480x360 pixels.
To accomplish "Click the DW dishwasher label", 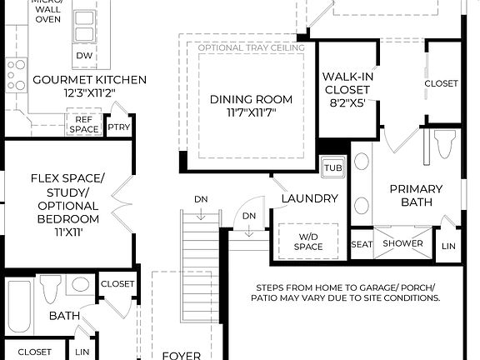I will tap(84, 56).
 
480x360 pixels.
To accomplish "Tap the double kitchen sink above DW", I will tap(84, 27).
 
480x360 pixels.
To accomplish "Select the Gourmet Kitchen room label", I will tap(89, 80).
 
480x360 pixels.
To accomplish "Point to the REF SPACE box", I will tap(83, 124).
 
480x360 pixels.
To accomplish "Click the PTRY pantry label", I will tap(118, 127).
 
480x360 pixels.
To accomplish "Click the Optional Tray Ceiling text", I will tap(251, 47).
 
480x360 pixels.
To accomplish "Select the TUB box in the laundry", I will tap(332, 167).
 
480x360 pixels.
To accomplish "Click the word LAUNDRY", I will tap(309, 198).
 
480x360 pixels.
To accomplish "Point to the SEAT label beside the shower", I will tap(362, 244).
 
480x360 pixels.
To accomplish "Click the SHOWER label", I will tap(403, 244).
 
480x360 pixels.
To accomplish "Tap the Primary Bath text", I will tap(416, 195).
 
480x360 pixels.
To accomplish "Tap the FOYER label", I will tap(181, 355).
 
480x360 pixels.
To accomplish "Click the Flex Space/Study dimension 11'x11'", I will tap(66, 233).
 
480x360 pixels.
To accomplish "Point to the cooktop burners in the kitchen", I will tap(15, 75).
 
